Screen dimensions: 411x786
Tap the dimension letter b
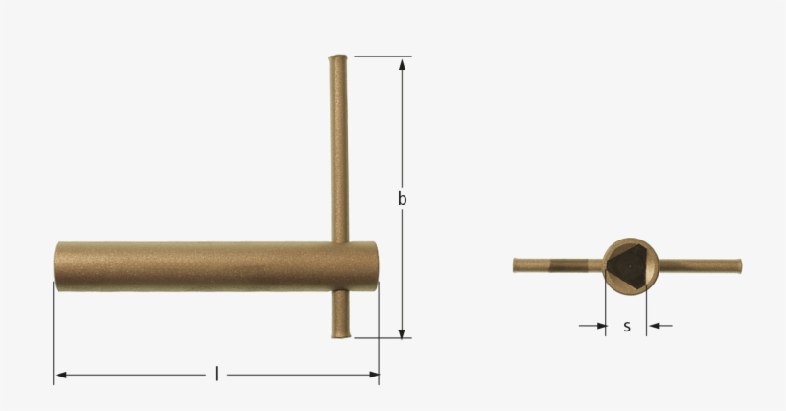tap(403, 199)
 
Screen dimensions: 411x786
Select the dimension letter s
tap(627, 326)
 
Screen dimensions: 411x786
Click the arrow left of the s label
tap(600, 326)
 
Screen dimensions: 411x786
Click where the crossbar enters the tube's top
tap(338, 241)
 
